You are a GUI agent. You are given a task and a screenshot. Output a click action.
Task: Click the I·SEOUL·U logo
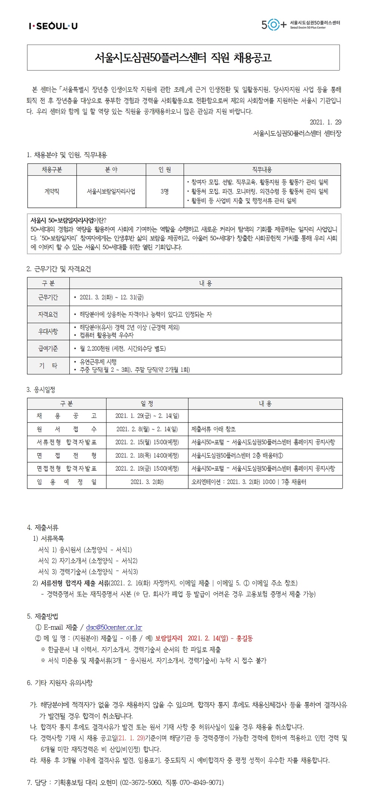53,26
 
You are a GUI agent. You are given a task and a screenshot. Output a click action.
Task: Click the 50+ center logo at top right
300,25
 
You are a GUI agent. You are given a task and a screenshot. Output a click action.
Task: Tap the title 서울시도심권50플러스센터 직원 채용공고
183,58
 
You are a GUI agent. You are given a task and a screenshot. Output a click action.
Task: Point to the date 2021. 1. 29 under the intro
325,122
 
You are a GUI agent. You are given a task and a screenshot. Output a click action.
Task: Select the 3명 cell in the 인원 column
165,192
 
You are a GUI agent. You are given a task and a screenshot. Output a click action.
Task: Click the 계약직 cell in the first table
52,192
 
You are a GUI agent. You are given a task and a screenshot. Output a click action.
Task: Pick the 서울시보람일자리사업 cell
111,192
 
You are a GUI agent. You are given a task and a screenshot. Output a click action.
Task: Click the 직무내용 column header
262,170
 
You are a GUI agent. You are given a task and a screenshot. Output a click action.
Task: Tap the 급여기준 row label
48,348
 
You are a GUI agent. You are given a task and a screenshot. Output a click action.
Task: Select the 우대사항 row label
48,331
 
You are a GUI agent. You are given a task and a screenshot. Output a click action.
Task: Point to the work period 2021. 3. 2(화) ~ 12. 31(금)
111,297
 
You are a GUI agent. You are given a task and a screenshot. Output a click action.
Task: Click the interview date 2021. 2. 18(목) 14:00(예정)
147,456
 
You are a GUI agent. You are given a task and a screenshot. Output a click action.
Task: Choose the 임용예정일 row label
66,482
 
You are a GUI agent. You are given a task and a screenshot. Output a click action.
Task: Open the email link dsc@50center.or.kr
114,627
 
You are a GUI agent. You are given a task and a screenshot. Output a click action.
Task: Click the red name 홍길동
245,638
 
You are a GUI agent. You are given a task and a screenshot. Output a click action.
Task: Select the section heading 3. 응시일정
41,390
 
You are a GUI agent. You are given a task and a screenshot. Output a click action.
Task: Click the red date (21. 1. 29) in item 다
131,738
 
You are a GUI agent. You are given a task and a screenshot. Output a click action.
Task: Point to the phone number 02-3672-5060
142,782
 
